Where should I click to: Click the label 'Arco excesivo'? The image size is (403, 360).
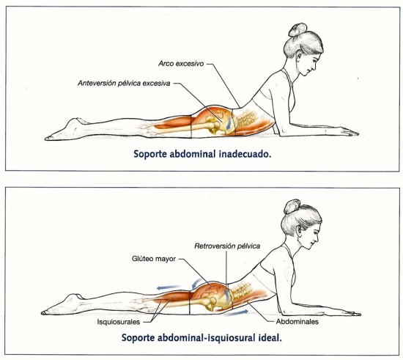[181, 64]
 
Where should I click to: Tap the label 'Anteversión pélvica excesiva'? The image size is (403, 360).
[124, 84]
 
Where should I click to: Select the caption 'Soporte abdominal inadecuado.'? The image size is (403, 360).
[202, 154]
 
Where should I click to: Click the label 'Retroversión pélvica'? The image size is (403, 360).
[227, 246]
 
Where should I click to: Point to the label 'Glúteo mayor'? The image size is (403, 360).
[154, 258]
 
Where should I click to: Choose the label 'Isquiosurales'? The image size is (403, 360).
[119, 322]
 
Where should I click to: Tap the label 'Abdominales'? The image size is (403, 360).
[297, 321]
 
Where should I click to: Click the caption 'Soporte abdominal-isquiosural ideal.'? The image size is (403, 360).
[202, 337]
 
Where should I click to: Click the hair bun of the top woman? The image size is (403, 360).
[297, 29]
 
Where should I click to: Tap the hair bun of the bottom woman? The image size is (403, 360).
[292, 207]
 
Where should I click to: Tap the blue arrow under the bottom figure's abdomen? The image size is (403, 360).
[237, 312]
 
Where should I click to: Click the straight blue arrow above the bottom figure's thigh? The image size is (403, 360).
[169, 287]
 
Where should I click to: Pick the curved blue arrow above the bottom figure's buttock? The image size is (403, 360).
[196, 283]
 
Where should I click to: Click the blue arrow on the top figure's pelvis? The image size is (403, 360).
[228, 123]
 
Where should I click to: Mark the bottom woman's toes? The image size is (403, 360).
[45, 312]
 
